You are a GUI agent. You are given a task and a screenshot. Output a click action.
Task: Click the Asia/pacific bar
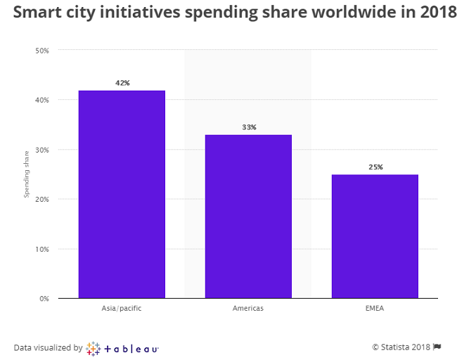122,194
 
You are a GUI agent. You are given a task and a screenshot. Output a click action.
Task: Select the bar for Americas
248,217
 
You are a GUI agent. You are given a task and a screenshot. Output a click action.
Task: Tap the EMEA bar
375,236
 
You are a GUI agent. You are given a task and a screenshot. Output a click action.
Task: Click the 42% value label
122,83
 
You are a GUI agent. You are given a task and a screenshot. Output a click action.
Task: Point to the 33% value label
249,127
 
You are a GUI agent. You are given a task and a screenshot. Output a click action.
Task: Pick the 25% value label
375,167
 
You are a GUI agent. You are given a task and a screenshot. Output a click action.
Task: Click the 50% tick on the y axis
42,51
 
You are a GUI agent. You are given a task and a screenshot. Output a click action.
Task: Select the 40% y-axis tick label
42,100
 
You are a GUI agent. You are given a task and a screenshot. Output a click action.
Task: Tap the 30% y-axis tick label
42,150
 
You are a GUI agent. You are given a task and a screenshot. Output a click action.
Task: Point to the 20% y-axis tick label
42,199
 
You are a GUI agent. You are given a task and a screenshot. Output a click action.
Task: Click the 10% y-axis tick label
42,249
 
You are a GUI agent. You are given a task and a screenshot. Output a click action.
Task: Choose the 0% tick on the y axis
44,298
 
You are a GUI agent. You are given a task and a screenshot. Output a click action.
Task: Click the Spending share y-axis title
27,174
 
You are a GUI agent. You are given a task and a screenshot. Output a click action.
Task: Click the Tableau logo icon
93,347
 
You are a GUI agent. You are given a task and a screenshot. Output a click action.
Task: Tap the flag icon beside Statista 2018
437,347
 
